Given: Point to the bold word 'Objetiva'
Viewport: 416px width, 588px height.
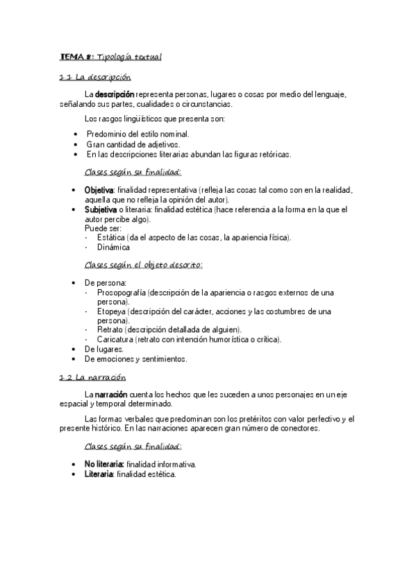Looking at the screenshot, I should [x=99, y=190].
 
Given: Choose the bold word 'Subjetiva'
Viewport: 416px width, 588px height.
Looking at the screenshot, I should [x=101, y=209].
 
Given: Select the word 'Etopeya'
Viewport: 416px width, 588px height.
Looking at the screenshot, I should [x=112, y=311].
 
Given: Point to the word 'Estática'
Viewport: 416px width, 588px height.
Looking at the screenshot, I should [x=111, y=237].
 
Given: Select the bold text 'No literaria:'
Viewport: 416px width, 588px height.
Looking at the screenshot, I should [x=104, y=465].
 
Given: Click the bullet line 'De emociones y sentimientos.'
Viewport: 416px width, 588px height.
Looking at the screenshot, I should [x=135, y=359].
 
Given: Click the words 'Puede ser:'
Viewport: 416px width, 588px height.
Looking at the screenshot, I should [x=103, y=227].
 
